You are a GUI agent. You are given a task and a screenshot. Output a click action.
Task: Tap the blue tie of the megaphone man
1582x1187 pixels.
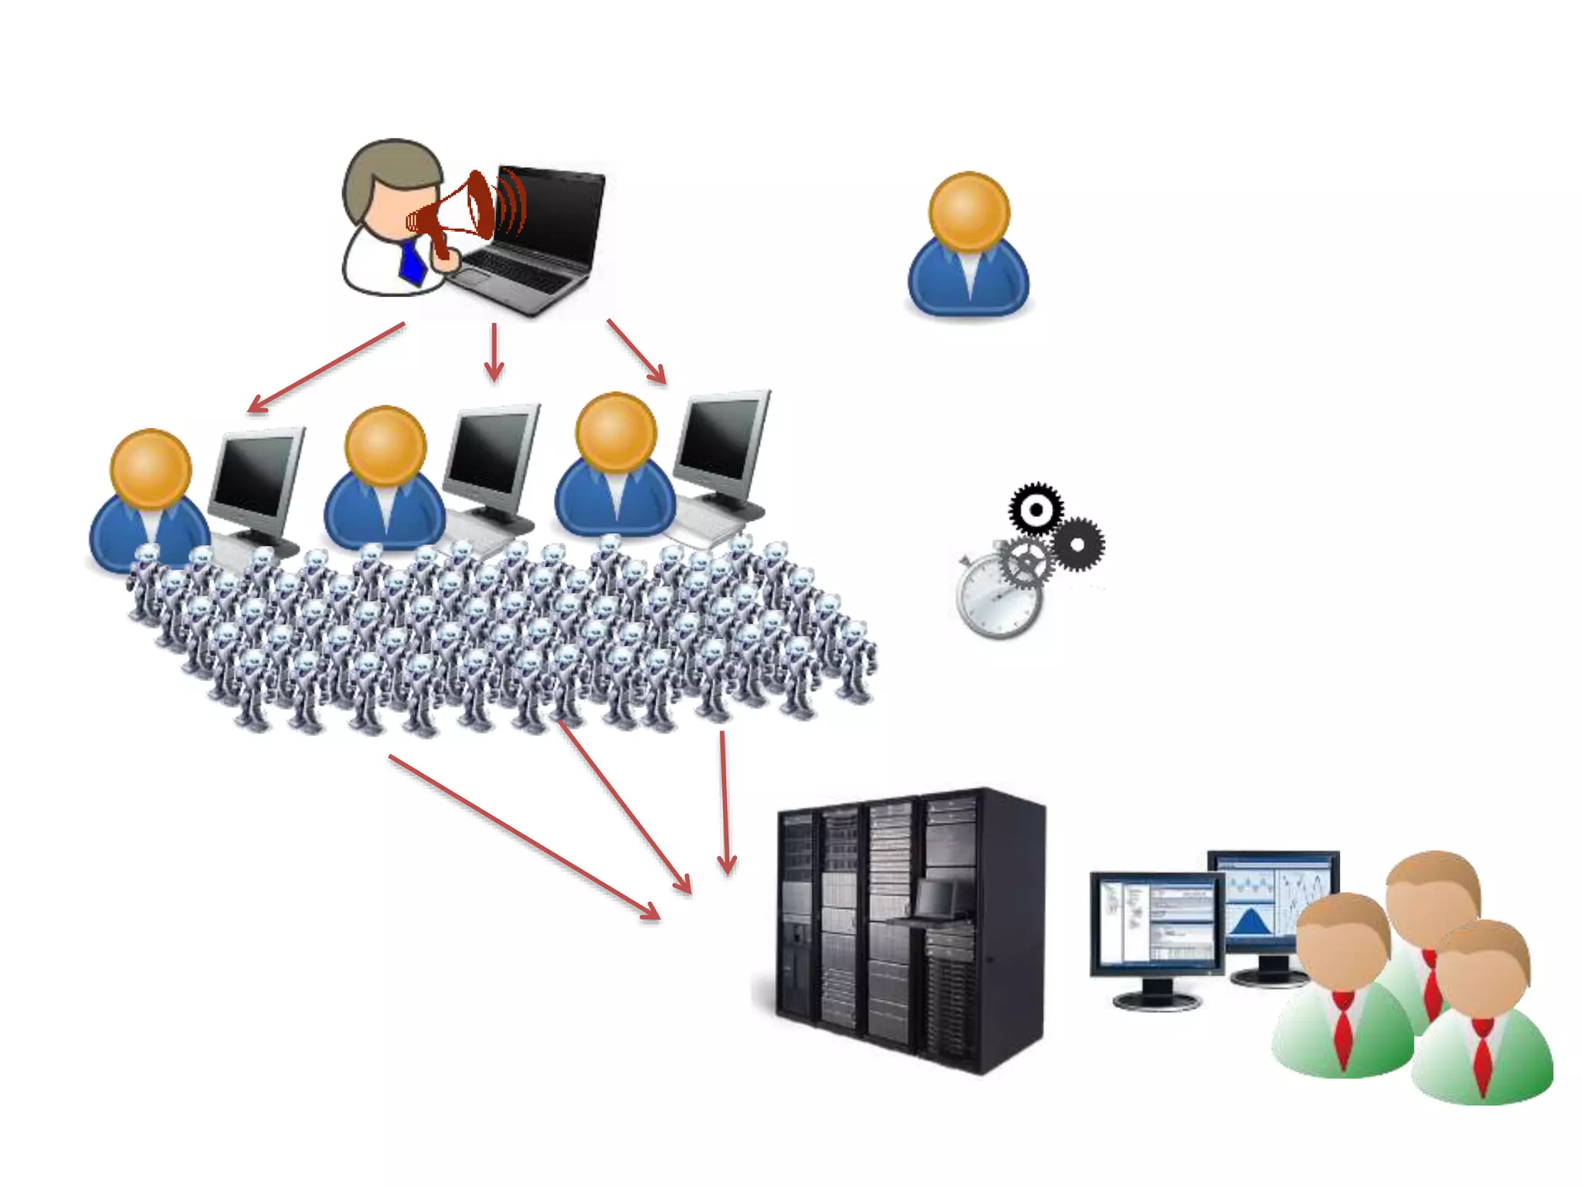coord(412,263)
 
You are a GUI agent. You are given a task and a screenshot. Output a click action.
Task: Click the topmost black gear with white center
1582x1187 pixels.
coord(1036,509)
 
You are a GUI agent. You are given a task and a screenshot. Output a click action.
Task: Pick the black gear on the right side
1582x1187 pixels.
coord(1078,544)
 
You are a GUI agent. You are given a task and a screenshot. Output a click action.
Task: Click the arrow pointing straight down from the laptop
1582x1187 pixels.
coord(494,352)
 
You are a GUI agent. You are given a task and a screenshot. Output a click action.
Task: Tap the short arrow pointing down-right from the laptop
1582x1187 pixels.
coord(637,352)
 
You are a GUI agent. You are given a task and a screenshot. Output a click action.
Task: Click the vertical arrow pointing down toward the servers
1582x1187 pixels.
coord(725,804)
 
